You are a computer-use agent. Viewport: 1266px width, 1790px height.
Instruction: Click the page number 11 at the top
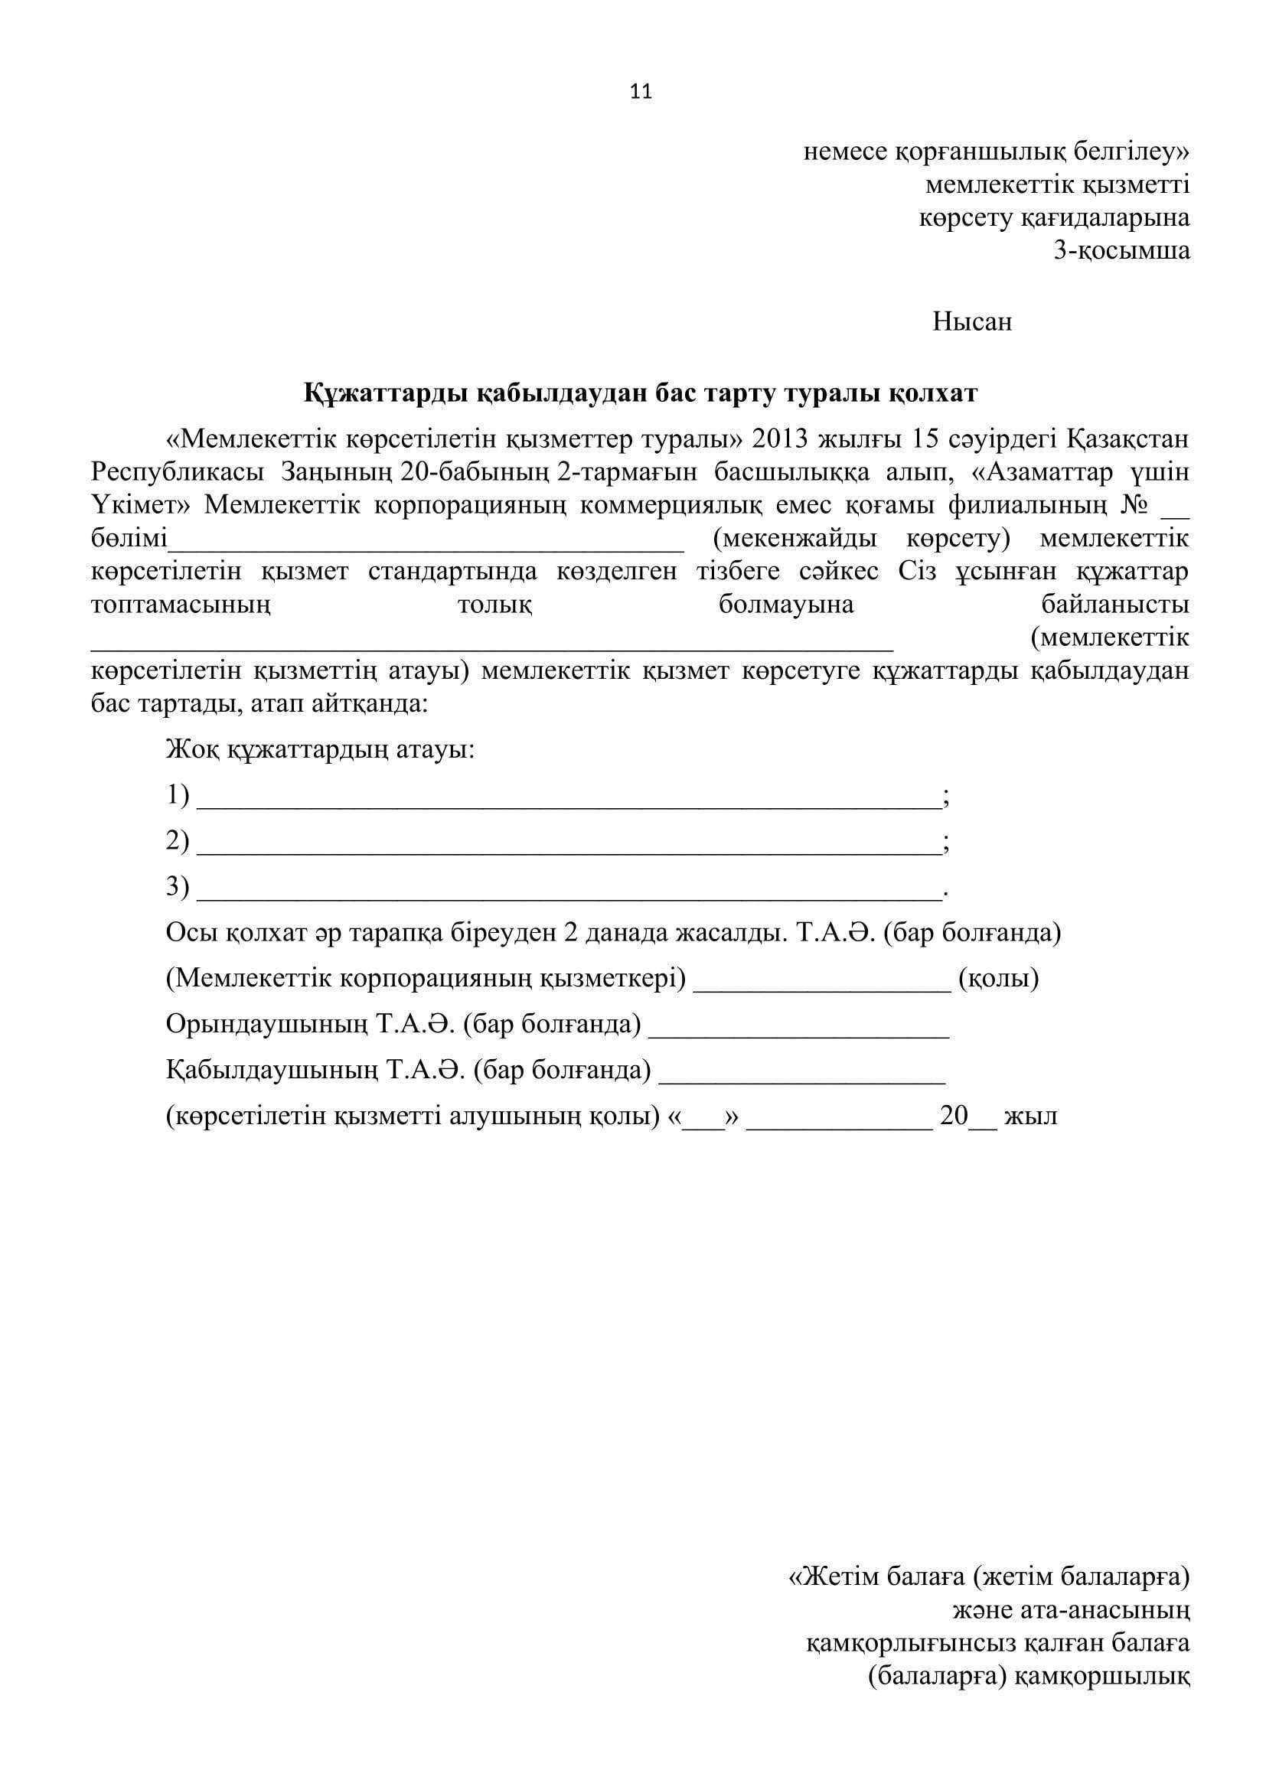tap(640, 92)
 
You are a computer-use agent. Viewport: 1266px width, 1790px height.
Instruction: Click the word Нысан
tap(971, 322)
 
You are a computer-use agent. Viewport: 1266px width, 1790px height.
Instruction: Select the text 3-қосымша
tap(1121, 251)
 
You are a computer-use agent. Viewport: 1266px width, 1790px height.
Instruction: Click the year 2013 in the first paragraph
tap(781, 440)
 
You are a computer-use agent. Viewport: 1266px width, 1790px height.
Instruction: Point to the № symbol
tap(1134, 505)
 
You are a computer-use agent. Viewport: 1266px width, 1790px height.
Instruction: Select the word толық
tap(495, 605)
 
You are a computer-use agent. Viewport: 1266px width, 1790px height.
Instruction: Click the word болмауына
tap(786, 605)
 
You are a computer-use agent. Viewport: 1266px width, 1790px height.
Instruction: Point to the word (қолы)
tap(999, 979)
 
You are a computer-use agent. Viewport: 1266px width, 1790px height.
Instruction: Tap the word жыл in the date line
tap(1030, 1117)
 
